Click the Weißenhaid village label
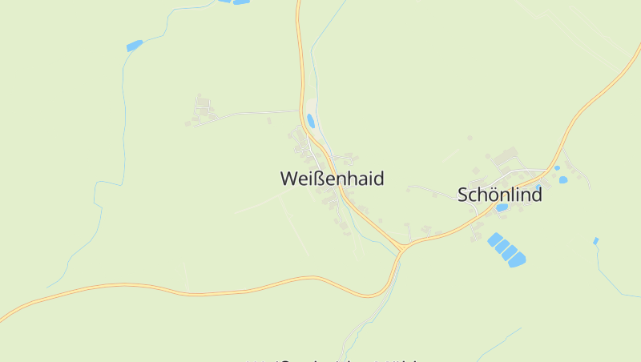[332, 179]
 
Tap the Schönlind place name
[499, 195]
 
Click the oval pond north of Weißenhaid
[310, 121]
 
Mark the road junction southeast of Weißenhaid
[401, 249]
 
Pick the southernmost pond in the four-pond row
[517, 259]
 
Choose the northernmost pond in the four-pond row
[495, 239]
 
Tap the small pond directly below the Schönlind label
[502, 207]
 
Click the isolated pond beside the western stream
[134, 46]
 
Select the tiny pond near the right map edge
[595, 240]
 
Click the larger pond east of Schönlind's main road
[562, 179]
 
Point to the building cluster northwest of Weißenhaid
[202, 111]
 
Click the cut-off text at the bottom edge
[337, 360]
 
